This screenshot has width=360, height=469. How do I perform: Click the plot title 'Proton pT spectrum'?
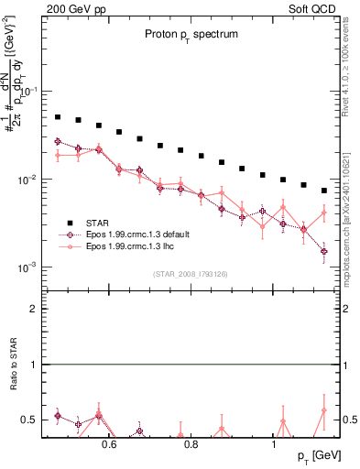pyautogui.click(x=190, y=33)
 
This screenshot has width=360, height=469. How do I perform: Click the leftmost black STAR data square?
pyautogui.click(x=58, y=117)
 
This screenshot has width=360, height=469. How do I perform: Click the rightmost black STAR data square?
pyautogui.click(x=324, y=191)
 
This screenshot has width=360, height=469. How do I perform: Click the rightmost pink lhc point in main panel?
pyautogui.click(x=324, y=213)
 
